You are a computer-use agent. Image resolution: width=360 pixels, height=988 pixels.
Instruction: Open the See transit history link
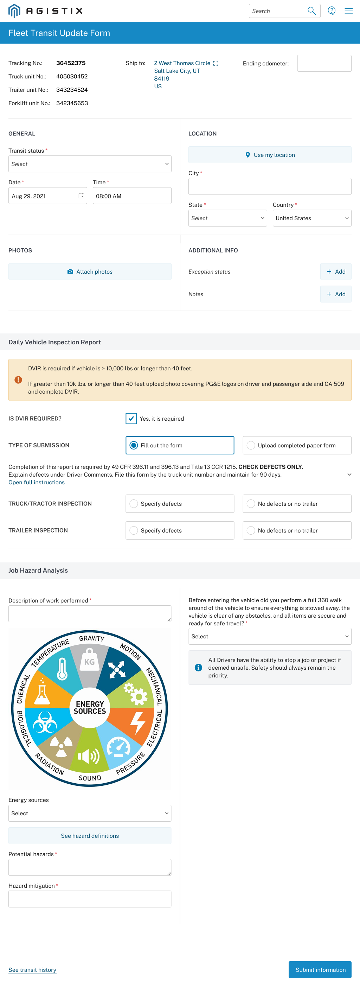(x=32, y=970)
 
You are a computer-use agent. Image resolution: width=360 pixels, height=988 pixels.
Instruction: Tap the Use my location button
(x=270, y=155)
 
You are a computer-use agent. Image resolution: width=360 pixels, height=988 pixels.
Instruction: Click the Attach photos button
(x=90, y=272)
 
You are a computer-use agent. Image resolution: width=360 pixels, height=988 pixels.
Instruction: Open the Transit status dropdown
(x=90, y=164)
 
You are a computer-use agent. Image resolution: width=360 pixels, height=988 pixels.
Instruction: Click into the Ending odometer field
(x=324, y=63)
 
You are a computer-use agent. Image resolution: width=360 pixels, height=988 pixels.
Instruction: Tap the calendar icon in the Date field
(x=81, y=196)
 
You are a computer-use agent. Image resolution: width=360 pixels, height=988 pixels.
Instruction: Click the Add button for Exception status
(x=335, y=272)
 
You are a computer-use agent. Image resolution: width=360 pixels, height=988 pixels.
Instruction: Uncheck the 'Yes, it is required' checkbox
(x=131, y=419)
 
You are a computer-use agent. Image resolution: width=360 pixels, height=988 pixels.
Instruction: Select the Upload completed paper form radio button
(x=251, y=445)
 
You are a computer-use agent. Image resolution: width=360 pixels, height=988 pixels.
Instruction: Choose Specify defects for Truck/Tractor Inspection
(x=134, y=504)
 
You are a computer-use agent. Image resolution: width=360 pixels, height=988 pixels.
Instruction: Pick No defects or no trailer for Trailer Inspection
(x=251, y=530)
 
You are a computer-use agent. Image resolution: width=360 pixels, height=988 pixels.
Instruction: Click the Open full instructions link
(x=37, y=483)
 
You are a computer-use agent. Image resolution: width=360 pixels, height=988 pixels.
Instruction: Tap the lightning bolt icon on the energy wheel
(x=137, y=722)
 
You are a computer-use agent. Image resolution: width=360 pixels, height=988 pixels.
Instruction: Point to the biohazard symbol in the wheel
(x=45, y=722)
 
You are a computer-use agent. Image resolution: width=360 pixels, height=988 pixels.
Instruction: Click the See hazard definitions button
(x=90, y=836)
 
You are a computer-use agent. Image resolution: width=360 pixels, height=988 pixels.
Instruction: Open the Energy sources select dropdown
(x=90, y=813)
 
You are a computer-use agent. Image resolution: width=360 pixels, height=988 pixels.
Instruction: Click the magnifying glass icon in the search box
(x=312, y=11)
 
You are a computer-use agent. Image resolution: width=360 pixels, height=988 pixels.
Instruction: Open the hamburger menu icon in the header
(x=348, y=11)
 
